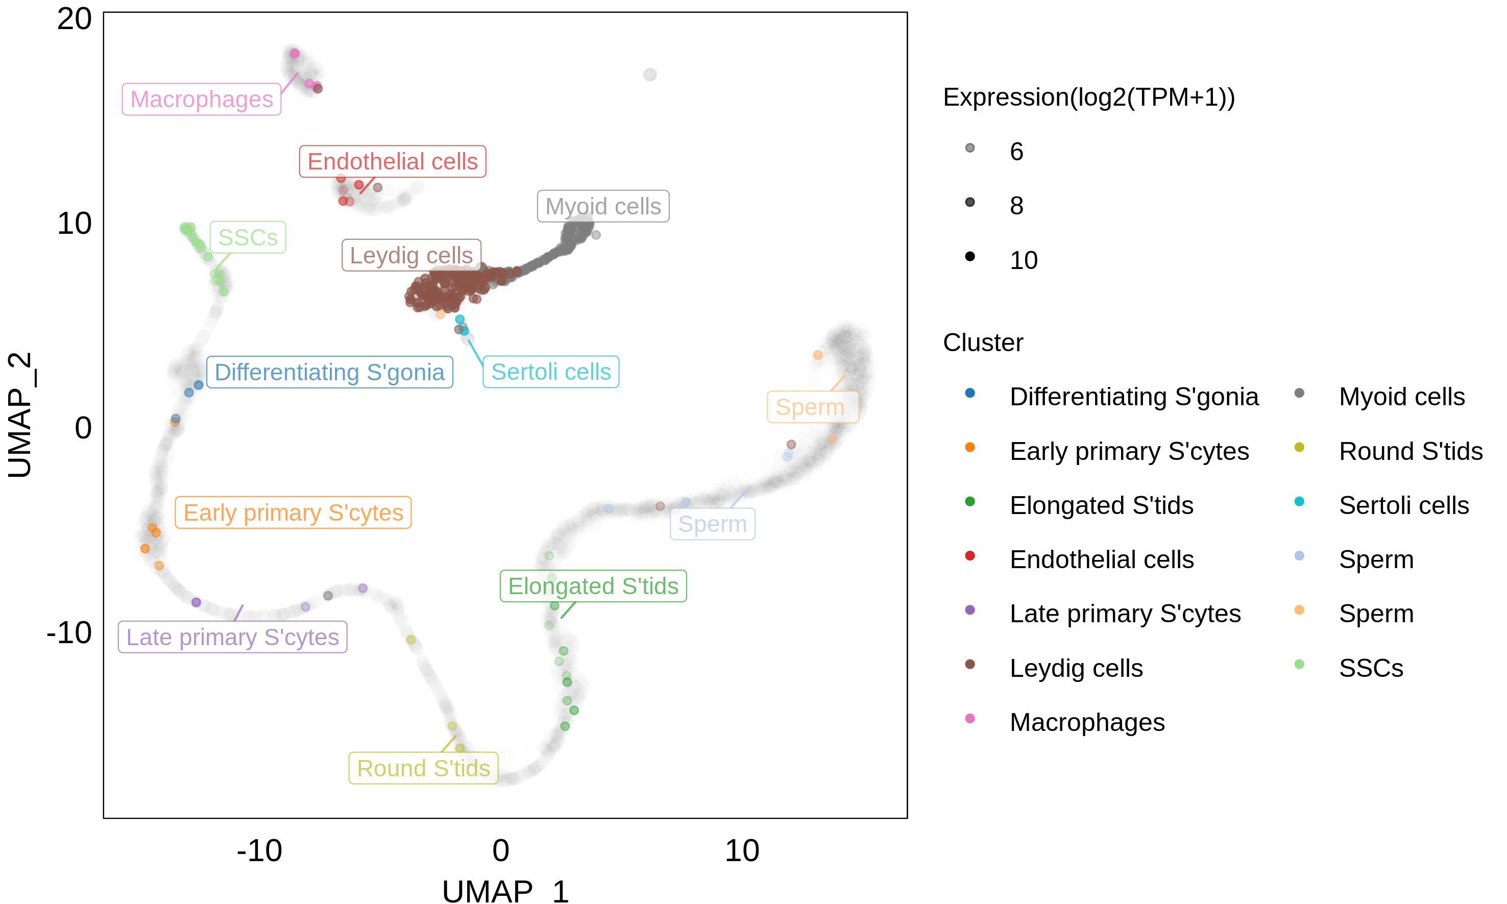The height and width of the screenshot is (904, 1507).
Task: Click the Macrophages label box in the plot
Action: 202,100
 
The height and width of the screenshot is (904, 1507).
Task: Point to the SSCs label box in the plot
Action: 248,237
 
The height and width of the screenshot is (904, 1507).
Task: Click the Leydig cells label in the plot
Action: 411,255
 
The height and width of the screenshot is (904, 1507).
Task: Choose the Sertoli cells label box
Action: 551,372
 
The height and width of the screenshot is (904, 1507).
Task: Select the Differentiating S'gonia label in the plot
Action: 330,372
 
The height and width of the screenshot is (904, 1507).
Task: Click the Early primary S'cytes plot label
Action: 293,512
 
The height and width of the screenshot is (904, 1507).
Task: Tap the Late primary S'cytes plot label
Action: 233,637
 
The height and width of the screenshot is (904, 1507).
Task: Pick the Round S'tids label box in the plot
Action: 423,768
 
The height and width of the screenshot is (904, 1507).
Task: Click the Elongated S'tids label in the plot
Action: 593,586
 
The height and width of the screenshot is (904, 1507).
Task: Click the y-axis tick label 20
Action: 75,19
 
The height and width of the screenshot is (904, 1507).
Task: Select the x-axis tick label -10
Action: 259,850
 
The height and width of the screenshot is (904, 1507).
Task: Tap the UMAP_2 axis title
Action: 19,415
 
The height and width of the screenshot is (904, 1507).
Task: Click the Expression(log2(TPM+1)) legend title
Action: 1089,97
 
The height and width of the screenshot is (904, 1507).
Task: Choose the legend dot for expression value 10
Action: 970,256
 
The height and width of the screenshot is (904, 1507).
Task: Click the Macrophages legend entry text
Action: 1087,722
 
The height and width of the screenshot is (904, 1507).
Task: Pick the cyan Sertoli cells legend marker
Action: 1299,502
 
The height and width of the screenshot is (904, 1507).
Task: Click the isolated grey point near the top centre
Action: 650,75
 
